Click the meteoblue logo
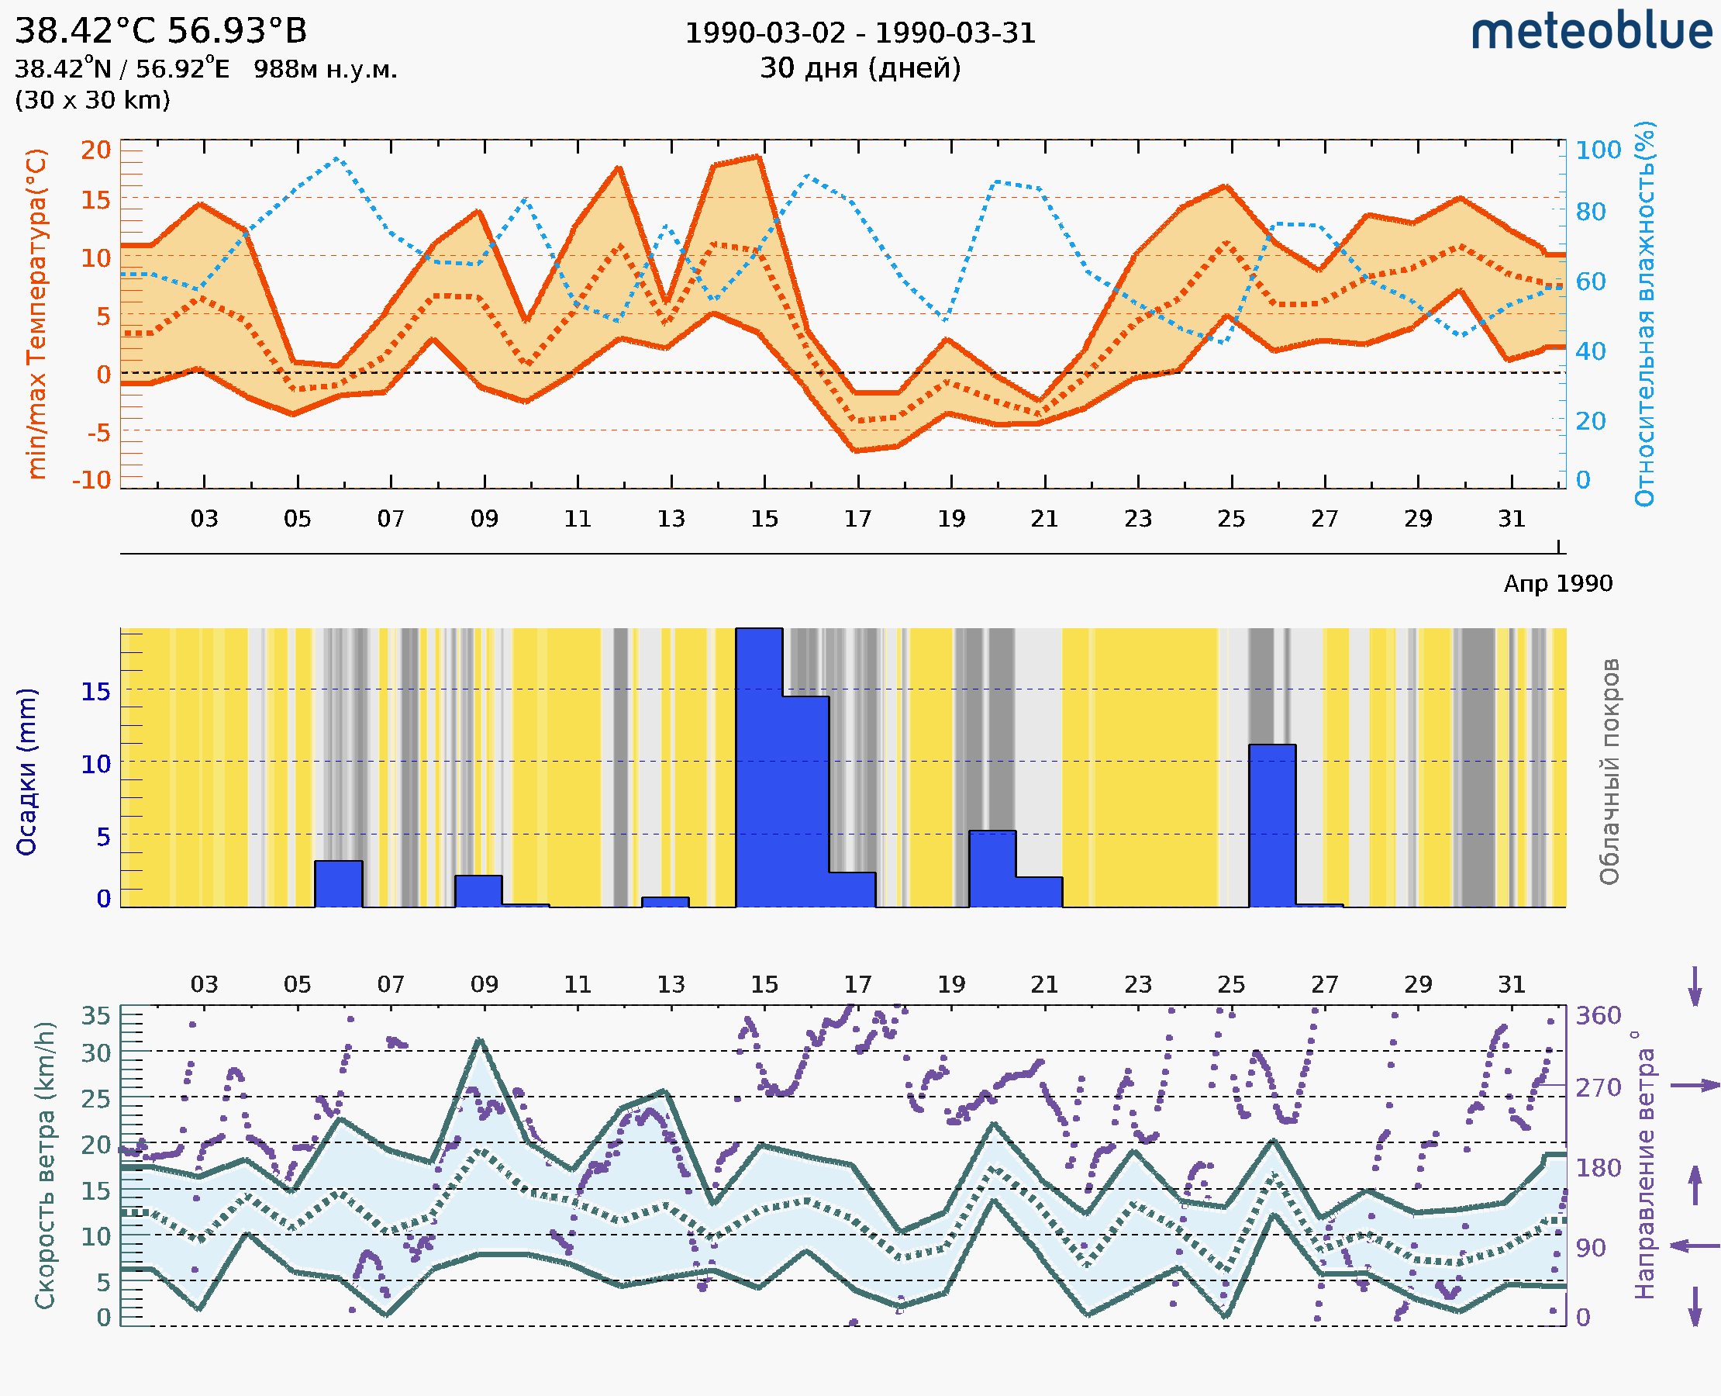[x=1591, y=32]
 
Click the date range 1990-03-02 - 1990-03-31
[x=860, y=33]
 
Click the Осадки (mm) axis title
[x=26, y=771]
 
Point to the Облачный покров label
[x=1609, y=771]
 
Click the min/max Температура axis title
[x=36, y=313]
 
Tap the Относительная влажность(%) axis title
[x=1644, y=313]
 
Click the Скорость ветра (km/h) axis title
[x=45, y=1165]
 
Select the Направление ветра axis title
[x=1644, y=1165]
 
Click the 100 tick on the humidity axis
[x=1598, y=150]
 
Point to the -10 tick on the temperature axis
[x=91, y=480]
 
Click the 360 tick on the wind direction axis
[x=1598, y=1016]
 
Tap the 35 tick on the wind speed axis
[x=95, y=1016]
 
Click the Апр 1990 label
[x=1558, y=583]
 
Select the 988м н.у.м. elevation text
[x=326, y=69]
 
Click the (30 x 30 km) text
[x=92, y=100]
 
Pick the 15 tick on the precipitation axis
[x=95, y=692]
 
